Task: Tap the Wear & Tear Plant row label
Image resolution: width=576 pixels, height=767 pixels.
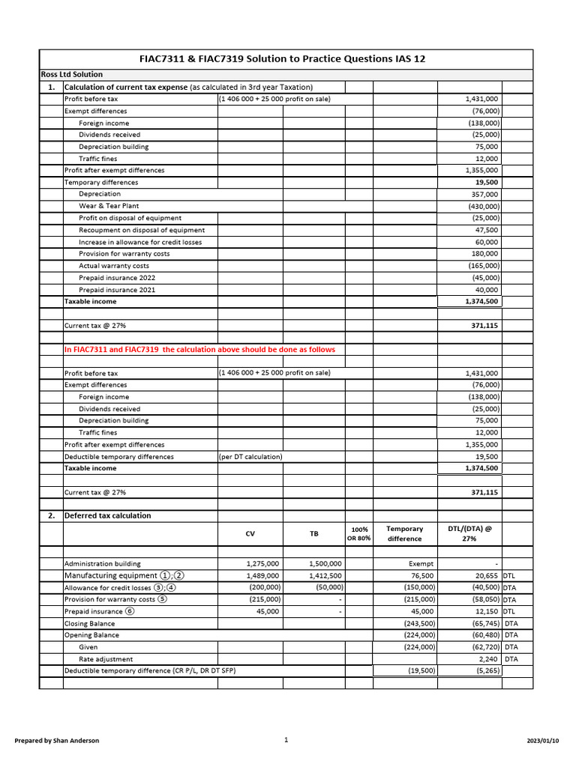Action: click(x=109, y=206)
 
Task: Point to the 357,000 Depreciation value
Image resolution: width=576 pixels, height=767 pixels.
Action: click(x=483, y=194)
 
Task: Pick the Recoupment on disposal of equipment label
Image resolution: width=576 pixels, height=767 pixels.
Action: click(x=142, y=230)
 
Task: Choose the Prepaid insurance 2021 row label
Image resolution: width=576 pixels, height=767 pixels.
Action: click(x=117, y=290)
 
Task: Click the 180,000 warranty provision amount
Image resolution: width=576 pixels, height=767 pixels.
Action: click(x=483, y=254)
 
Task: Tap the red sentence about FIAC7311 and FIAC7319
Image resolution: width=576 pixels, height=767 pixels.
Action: click(x=199, y=350)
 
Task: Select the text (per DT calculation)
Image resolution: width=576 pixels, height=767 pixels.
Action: click(x=250, y=457)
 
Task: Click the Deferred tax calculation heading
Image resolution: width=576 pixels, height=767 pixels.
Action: click(x=107, y=516)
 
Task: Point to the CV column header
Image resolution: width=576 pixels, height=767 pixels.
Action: click(x=250, y=534)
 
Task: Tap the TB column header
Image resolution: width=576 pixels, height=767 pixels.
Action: click(x=313, y=534)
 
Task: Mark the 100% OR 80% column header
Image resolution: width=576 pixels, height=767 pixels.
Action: click(x=359, y=534)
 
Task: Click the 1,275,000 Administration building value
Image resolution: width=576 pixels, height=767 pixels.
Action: click(x=262, y=563)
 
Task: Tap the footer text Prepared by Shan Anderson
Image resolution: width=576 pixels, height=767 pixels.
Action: click(x=57, y=741)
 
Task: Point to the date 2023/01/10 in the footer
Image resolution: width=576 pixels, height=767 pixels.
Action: click(x=543, y=741)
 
